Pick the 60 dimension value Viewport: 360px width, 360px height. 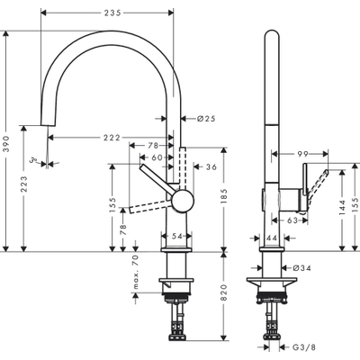tap(157, 157)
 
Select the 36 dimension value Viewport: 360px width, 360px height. tap(211, 166)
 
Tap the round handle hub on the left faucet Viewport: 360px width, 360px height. tap(183, 199)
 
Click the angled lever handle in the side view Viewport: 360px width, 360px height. tap(317, 184)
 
